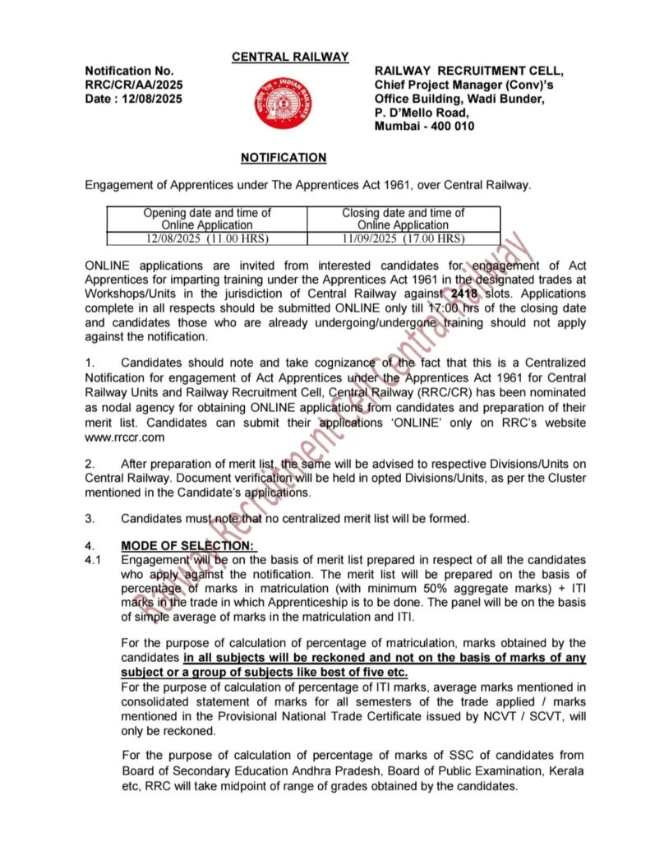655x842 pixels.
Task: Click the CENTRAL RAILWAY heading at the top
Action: (x=290, y=57)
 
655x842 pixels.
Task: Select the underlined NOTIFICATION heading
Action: (x=284, y=157)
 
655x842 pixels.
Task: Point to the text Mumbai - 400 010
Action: (x=424, y=126)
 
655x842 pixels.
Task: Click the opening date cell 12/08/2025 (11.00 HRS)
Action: (x=207, y=238)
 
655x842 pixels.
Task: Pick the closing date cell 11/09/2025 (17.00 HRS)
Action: (x=403, y=238)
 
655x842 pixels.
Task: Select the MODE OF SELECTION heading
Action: (x=188, y=546)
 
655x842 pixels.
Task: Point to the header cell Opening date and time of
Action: (x=207, y=213)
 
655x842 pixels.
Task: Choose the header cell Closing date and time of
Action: (x=403, y=213)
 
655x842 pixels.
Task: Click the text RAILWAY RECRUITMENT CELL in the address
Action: (x=469, y=71)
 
